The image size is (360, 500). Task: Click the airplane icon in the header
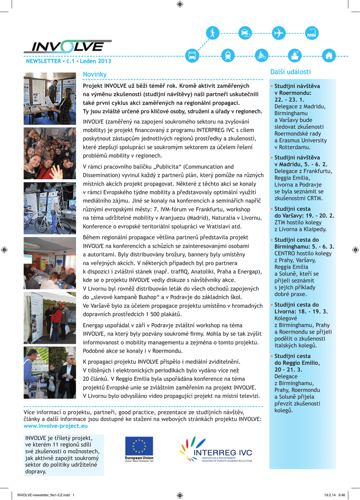279,33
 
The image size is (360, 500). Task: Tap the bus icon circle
192,55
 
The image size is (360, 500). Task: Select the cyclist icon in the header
262,55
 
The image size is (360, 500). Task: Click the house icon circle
329,55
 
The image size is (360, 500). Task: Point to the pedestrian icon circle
212,33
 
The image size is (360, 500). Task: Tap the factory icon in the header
312,33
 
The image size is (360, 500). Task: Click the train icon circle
227,55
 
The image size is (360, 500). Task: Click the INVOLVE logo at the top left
68,46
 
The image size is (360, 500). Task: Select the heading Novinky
95,74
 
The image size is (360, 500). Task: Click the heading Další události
290,72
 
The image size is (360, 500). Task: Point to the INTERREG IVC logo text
222,452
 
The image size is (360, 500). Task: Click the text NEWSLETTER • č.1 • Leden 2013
68,61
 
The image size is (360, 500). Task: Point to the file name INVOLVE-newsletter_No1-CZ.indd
43,495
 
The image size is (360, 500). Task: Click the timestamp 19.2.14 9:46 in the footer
334,495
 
